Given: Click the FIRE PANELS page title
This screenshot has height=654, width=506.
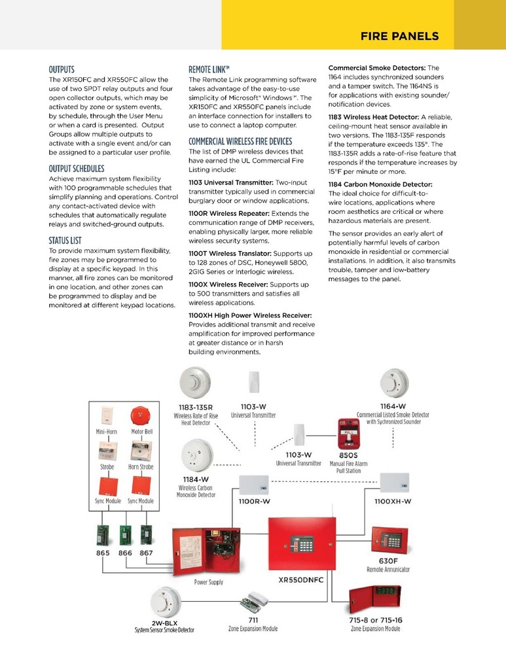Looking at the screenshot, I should [x=399, y=37].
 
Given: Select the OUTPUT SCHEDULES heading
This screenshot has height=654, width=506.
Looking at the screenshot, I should [x=77, y=168].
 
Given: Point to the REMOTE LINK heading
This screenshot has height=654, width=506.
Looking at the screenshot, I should [x=209, y=69].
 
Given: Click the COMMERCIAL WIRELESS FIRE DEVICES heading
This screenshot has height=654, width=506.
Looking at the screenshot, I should [x=240, y=141].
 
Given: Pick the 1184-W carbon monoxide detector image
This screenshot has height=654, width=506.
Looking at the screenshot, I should [x=194, y=455].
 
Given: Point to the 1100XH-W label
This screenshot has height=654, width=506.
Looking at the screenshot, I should [x=393, y=501].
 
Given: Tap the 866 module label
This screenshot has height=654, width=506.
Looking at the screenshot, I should [x=125, y=553].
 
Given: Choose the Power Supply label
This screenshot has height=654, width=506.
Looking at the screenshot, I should [x=209, y=581].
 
